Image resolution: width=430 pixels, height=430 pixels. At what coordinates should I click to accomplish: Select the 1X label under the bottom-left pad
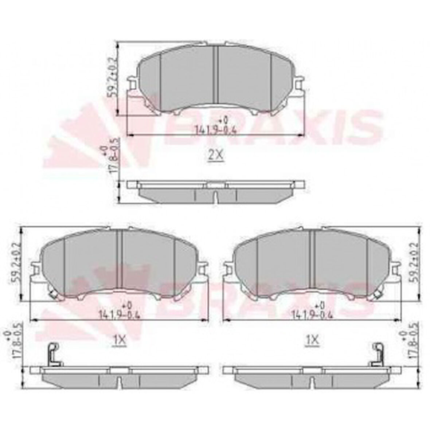click(120, 340)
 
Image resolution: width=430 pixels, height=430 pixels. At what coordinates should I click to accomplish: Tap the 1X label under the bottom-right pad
click(312, 340)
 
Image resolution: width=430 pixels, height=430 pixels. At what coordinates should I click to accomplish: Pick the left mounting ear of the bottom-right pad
click(228, 270)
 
